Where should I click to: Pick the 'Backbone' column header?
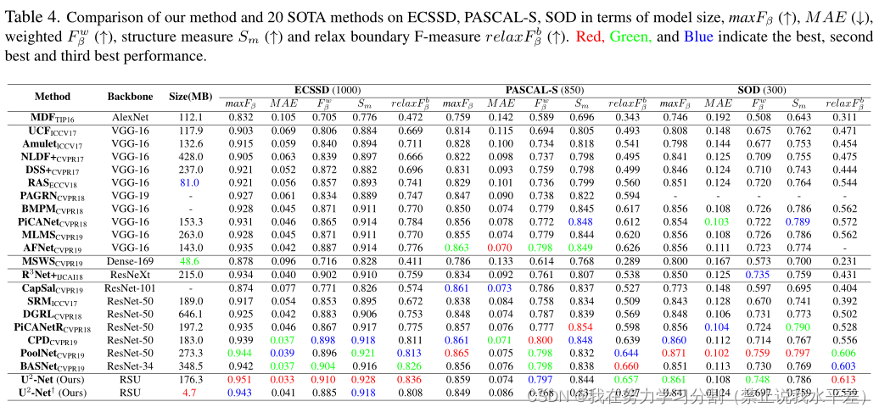(130, 97)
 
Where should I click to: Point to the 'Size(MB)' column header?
(191, 97)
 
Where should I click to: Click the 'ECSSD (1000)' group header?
(328, 89)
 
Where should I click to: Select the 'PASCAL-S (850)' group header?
(543, 89)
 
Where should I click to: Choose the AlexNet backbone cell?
(130, 117)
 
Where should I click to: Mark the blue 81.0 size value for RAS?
(190, 181)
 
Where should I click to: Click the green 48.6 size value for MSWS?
(190, 261)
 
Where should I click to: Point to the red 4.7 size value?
(190, 393)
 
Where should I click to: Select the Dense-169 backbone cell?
(130, 261)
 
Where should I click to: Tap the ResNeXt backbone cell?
(130, 275)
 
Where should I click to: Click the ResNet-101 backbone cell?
(130, 288)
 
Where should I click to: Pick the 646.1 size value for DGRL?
(190, 314)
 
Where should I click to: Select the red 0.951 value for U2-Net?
(240, 380)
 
